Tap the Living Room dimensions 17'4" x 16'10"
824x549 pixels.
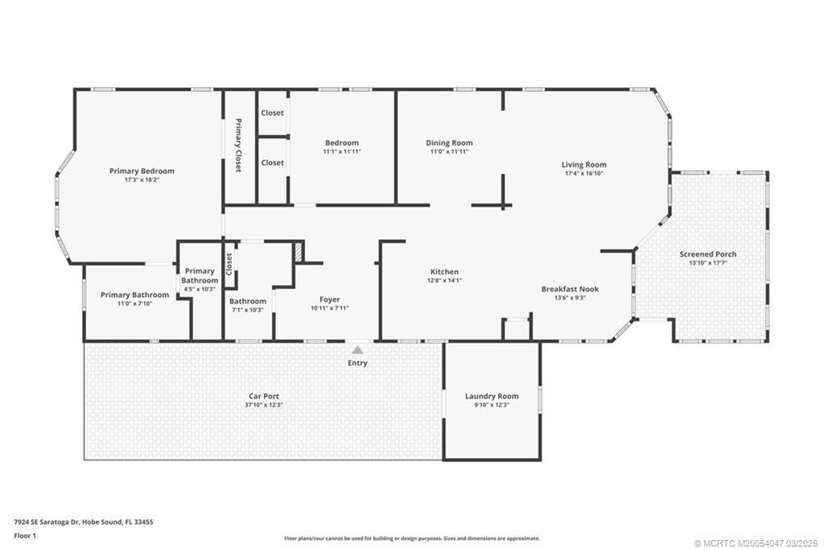[583, 173]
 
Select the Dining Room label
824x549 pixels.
[449, 143]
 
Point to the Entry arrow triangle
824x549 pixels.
[357, 349]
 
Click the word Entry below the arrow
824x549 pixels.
[357, 363]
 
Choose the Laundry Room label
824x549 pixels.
[492, 396]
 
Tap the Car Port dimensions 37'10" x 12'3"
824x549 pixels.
[264, 405]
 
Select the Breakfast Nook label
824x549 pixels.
[570, 289]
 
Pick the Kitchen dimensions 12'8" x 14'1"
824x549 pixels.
[444, 281]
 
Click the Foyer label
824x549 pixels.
[330, 299]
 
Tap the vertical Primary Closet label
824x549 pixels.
[238, 146]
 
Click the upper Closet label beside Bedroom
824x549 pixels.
[272, 113]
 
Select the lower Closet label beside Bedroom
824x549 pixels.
[272, 163]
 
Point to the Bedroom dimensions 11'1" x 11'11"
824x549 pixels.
[341, 151]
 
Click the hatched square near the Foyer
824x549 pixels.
[299, 251]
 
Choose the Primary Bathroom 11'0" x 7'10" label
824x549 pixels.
[134, 295]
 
